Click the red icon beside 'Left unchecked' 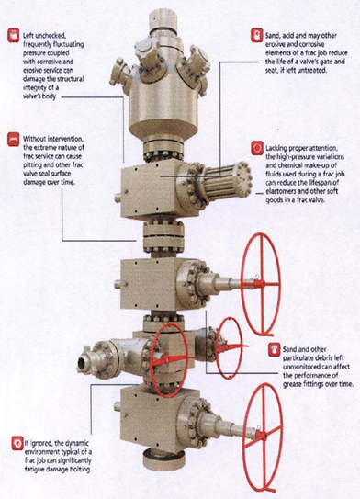[14, 36]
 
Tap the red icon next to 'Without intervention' [14, 140]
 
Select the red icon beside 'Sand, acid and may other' [257, 36]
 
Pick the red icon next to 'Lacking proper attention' [257, 148]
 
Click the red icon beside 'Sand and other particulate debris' [275, 349]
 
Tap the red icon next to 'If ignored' [17, 443]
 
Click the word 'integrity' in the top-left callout [35, 87]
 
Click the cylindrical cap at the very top [163, 20]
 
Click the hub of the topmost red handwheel [262, 283]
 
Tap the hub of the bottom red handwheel [263, 435]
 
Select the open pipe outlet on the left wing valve [84, 362]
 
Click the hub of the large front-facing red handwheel [165, 359]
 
